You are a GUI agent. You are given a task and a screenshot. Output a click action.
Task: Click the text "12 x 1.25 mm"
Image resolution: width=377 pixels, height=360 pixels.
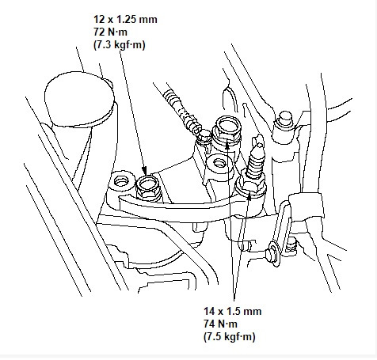point(125,20)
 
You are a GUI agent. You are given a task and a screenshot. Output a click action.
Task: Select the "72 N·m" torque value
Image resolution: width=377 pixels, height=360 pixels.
point(110,32)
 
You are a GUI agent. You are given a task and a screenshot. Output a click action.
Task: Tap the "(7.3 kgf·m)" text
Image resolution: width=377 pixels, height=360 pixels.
point(120,45)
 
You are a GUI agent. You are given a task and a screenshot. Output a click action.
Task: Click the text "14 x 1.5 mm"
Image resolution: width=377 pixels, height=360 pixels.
point(233,311)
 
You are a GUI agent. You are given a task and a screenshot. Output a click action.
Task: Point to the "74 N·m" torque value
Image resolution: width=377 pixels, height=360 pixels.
point(220,324)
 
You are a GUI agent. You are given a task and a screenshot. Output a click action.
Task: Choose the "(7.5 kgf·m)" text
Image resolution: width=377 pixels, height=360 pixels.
point(230,337)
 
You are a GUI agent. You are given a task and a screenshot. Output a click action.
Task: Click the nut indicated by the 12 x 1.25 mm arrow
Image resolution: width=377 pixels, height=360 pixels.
point(147,188)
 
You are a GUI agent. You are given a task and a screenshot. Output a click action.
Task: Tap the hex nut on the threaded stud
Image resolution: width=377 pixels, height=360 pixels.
point(251,188)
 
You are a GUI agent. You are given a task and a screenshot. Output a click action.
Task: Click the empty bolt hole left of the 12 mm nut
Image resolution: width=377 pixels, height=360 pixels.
point(121,181)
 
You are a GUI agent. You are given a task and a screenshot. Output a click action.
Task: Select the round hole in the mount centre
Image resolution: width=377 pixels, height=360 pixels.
point(219,163)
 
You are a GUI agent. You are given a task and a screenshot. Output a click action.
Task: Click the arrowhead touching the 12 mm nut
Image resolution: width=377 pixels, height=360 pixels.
point(144,170)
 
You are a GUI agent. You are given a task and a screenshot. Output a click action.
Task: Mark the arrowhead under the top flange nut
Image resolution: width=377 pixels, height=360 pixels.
point(227,145)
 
